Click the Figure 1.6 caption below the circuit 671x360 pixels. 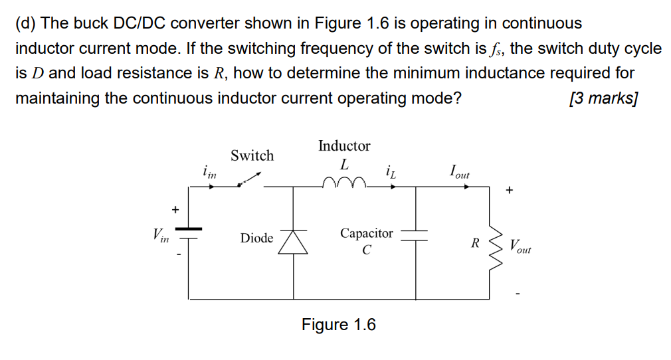click(338, 325)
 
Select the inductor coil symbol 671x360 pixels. click(343, 183)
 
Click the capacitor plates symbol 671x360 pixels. click(416, 237)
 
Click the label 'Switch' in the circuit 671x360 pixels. click(252, 155)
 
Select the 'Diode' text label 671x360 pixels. click(256, 238)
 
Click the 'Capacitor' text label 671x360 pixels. click(367, 233)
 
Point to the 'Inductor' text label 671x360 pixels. click(344, 145)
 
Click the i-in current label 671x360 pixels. click(209, 173)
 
